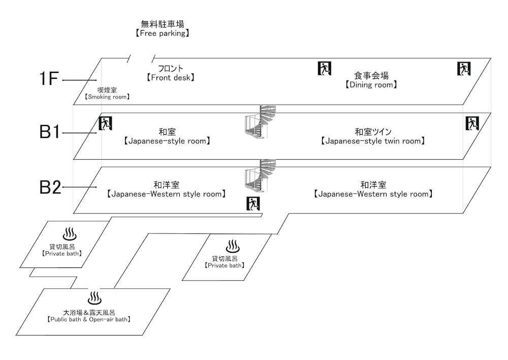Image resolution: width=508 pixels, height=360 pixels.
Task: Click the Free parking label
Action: point(162,28)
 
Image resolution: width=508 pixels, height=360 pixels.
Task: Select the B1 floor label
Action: point(50,132)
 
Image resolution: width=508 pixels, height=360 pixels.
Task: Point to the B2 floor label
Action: point(50,187)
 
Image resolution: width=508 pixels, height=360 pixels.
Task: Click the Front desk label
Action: point(170,73)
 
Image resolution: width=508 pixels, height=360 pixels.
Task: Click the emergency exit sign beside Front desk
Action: point(324,68)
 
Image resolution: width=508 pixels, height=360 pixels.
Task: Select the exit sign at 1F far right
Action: point(464,68)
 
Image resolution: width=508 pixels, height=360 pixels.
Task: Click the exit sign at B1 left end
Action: point(105,123)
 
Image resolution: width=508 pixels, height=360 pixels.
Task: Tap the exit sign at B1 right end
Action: point(472,123)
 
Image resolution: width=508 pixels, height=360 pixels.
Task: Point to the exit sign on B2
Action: point(253,203)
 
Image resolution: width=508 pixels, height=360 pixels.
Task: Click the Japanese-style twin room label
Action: point(372,136)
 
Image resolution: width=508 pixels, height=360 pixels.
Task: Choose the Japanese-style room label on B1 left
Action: point(167,136)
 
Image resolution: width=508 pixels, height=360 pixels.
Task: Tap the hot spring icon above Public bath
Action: point(95,298)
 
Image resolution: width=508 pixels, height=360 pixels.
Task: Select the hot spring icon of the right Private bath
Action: point(233,246)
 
